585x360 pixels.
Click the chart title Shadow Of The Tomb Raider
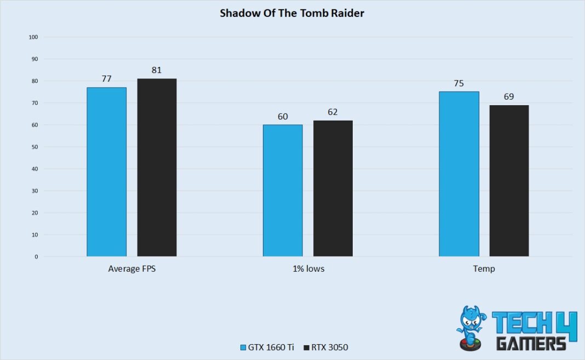(292, 13)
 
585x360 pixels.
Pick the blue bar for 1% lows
(283, 190)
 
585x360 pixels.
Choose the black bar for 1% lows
(333, 188)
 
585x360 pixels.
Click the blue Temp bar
(459, 174)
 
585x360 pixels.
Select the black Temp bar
(509, 180)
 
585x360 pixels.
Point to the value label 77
(106, 79)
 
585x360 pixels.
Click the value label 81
(157, 70)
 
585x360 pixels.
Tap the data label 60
(283, 116)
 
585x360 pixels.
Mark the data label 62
(333, 112)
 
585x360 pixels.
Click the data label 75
(459, 83)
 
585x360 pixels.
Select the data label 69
(509, 96)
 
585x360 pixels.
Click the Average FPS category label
(131, 269)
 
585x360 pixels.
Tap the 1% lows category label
(308, 269)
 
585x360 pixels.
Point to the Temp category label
(484, 269)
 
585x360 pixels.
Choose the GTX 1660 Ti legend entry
(267, 347)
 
